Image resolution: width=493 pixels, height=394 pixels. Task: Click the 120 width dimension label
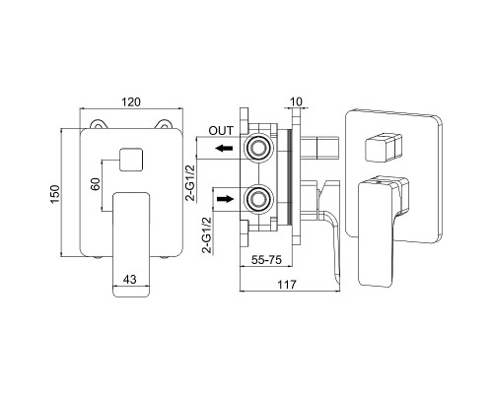coord(131,102)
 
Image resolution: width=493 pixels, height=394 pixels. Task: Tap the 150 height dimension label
coord(55,194)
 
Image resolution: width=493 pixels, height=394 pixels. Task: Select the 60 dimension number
coord(96,184)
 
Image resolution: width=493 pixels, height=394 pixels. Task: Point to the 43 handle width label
coord(130,280)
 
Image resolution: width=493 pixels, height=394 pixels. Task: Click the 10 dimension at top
coord(297,101)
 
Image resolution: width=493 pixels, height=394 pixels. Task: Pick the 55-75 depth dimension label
coord(266,260)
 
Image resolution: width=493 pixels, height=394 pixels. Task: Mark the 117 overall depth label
coord(287,285)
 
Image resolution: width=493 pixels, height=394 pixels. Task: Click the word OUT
coord(221,131)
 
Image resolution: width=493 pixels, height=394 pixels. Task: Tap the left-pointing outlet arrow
coord(224,149)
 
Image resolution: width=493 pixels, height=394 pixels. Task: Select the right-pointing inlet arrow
coord(225,199)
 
